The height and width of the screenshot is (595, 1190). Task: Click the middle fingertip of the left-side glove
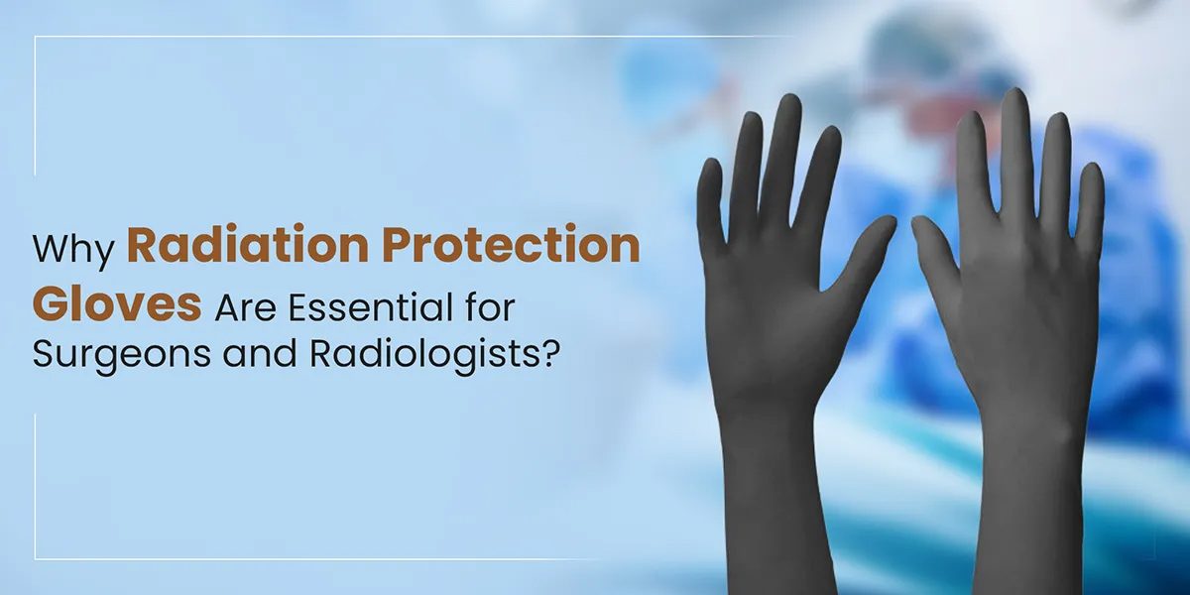[788, 109]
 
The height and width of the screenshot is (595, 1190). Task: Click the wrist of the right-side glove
[1026, 436]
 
